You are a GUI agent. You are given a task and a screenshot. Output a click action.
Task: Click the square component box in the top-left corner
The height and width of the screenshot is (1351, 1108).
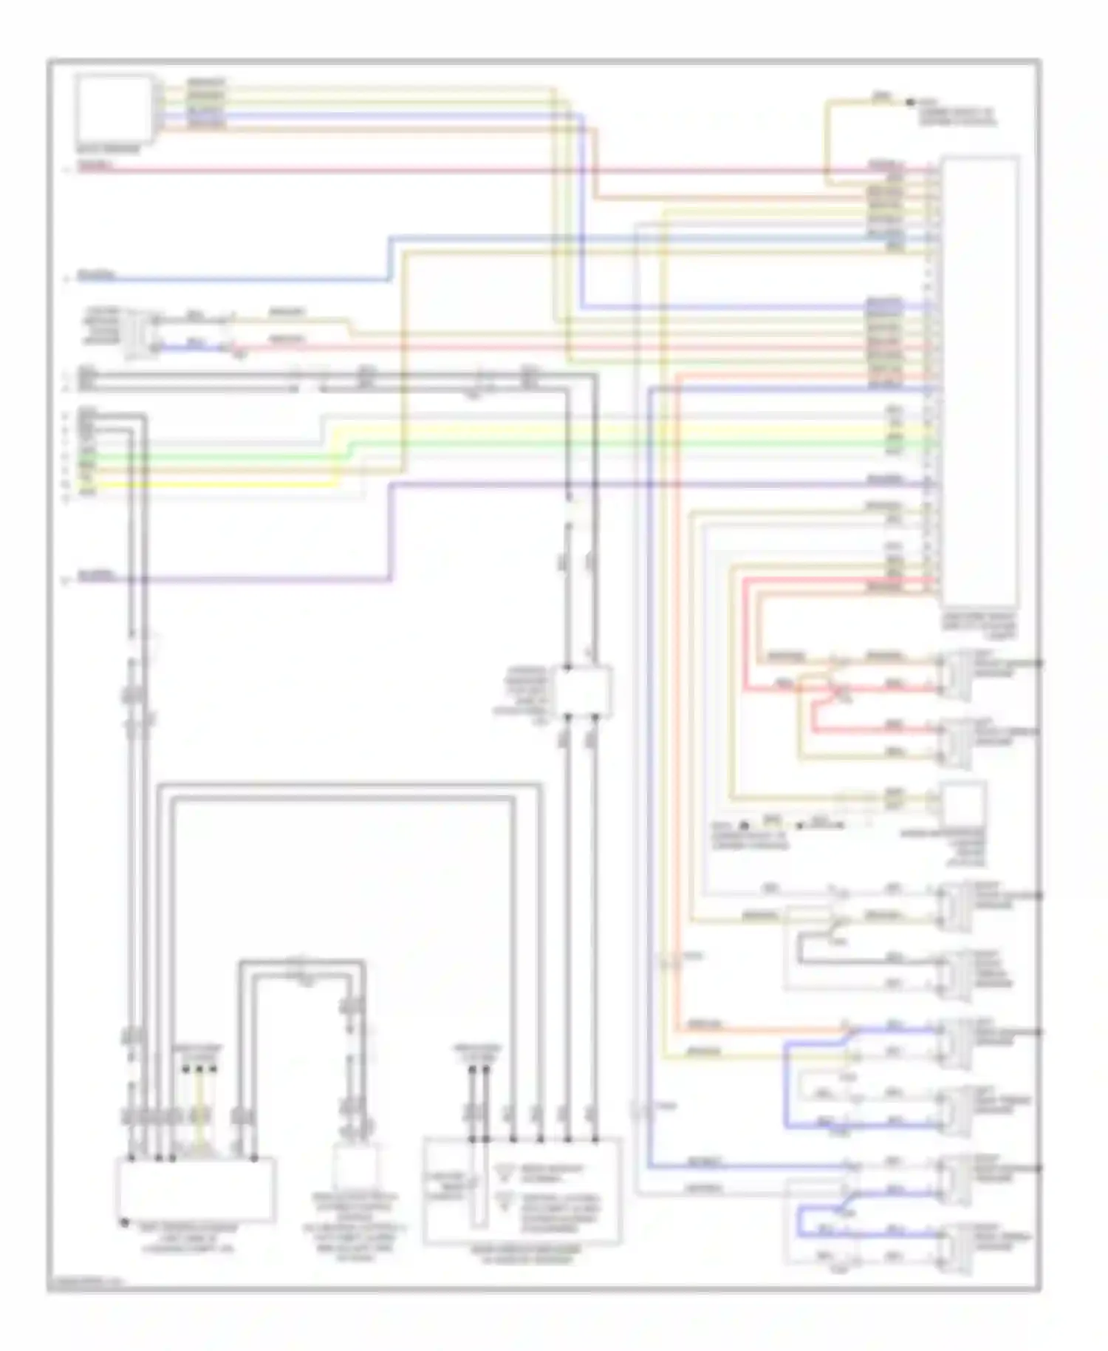[x=115, y=109]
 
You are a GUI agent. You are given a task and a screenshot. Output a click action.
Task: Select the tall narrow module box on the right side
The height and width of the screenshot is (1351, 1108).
[x=979, y=380]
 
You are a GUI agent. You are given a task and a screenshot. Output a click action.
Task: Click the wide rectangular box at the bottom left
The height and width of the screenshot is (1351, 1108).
[x=196, y=1189]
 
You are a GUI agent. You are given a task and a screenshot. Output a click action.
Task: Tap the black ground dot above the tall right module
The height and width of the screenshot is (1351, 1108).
[x=911, y=102]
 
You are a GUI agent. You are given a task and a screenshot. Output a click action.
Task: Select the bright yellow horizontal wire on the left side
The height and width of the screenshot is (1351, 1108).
[x=222, y=485]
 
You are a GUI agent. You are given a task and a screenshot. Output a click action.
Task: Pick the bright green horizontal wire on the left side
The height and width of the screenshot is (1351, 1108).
[x=222, y=457]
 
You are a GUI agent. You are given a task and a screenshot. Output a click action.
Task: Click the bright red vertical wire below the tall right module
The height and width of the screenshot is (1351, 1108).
[x=745, y=636]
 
